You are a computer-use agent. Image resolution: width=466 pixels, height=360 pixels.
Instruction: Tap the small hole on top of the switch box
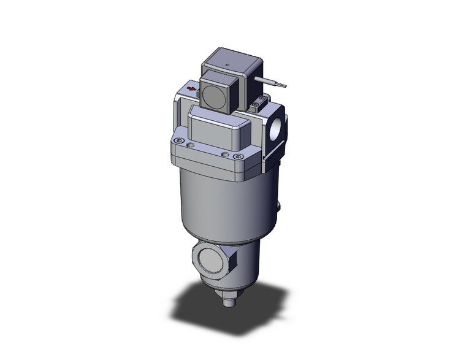click(227, 63)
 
